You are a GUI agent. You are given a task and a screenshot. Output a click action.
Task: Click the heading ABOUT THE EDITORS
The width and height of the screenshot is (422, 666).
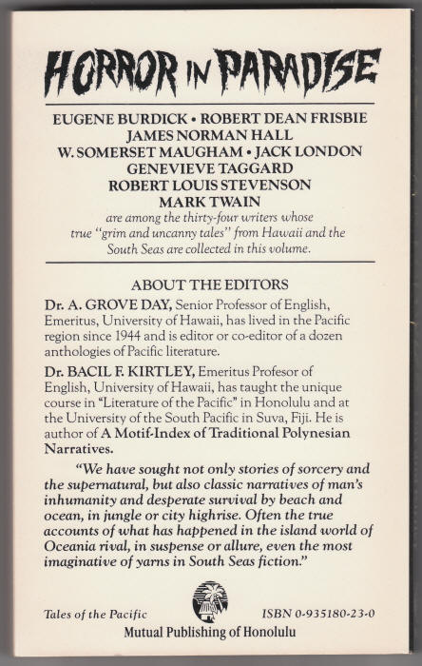(210, 284)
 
